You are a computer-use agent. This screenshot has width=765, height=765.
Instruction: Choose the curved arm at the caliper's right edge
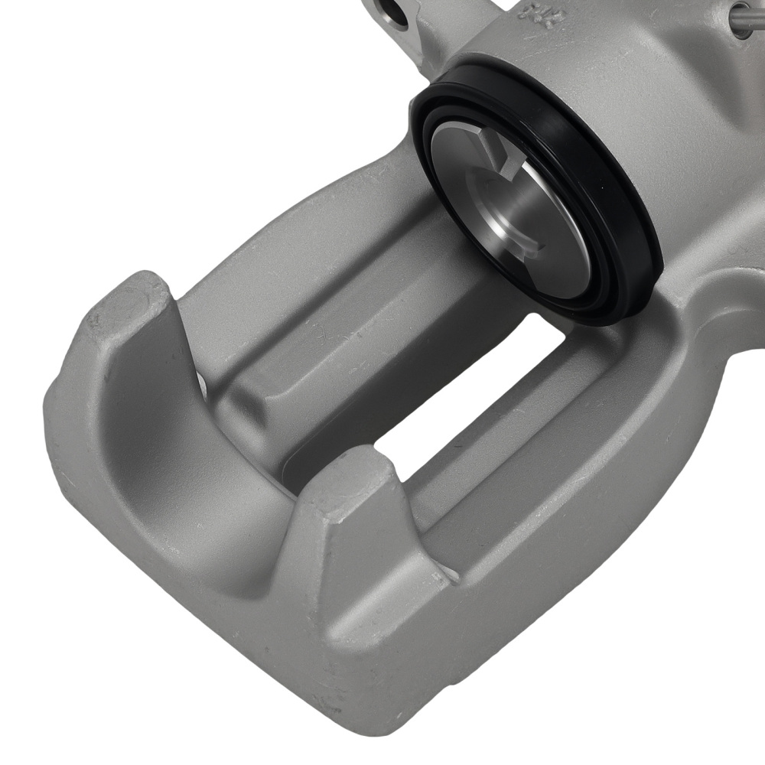click(727, 321)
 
